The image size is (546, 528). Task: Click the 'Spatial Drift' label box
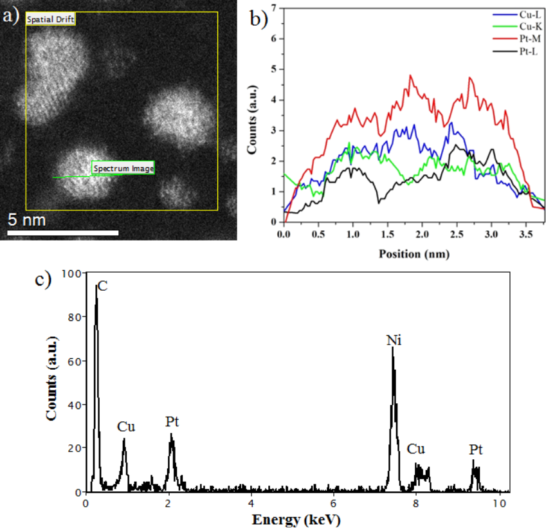51,20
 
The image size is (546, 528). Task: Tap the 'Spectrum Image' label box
123,168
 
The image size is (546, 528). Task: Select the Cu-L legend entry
527,14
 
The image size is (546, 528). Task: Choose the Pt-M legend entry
527,38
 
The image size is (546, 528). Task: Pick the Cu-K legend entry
527,26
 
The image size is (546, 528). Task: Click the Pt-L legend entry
527,50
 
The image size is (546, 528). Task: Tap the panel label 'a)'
11,15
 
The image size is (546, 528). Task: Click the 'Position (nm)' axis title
414,253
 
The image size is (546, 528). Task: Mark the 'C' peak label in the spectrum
102,287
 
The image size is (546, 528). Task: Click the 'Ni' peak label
394,340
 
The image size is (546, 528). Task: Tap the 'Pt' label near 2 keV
172,423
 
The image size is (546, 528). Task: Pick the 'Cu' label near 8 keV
415,448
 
